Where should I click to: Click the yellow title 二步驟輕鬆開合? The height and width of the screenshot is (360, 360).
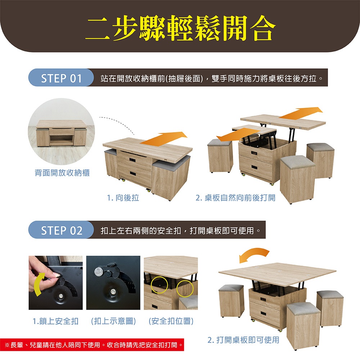click(180, 28)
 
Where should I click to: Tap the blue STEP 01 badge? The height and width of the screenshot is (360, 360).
click(61, 78)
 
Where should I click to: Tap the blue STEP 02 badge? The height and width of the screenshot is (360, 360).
click(61, 230)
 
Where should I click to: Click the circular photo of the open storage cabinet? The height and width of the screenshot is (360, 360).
click(61, 131)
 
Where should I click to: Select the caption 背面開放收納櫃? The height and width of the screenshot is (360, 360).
click(62, 173)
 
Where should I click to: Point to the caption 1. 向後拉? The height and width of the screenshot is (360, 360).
click(123, 197)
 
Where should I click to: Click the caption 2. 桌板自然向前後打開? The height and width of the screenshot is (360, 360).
click(235, 197)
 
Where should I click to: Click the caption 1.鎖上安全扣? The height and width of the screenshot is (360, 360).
click(55, 321)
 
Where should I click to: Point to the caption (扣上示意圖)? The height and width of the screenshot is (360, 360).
click(113, 321)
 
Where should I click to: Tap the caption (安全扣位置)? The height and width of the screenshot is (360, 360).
click(171, 321)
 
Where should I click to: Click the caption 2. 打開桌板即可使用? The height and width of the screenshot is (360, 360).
click(243, 340)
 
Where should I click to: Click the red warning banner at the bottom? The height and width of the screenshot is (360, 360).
click(92, 345)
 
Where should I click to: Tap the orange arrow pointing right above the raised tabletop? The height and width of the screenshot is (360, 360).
click(301, 113)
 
